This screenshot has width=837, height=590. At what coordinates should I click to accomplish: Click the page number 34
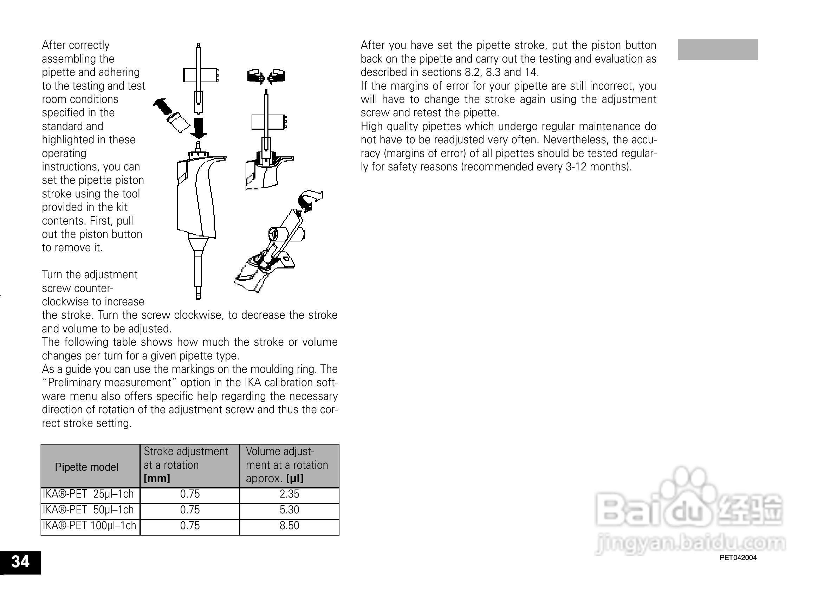(20, 562)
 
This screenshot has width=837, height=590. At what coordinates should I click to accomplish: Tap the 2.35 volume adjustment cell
(289, 494)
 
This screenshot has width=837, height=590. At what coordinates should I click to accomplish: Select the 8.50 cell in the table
(289, 526)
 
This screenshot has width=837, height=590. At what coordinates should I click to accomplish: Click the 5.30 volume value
(289, 510)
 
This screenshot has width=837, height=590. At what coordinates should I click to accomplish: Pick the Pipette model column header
(86, 467)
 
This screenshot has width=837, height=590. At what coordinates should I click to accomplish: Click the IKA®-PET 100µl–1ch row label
(89, 526)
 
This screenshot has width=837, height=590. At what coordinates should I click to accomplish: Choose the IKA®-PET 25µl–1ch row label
(88, 494)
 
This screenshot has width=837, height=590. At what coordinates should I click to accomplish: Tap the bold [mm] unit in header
(157, 478)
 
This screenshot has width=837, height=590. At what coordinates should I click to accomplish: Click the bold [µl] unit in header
(294, 478)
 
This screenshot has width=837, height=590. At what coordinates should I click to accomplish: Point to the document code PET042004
(738, 558)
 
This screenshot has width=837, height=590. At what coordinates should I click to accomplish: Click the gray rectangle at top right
(718, 50)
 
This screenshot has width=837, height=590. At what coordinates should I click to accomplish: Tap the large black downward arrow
(199, 128)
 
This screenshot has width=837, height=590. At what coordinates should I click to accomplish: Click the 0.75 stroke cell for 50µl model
(189, 510)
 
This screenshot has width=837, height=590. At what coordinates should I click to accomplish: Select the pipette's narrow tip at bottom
(198, 292)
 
